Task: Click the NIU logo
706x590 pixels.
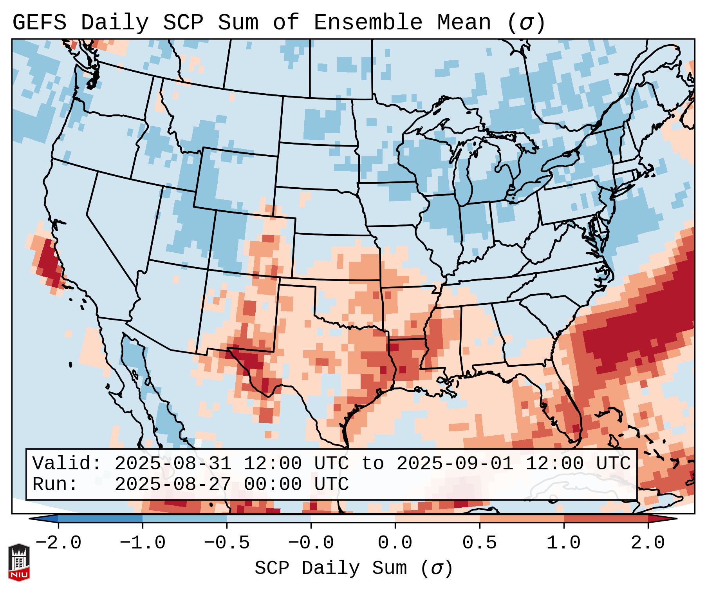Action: (19, 562)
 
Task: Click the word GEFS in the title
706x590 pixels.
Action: (39, 23)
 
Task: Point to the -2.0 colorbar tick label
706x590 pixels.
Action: (58, 543)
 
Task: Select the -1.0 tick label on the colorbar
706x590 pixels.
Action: (143, 543)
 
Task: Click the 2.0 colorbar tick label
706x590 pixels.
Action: (648, 543)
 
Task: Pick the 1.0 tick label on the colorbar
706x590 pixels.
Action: (563, 543)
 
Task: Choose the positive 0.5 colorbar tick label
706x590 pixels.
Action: (479, 543)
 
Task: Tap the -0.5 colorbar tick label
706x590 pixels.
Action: (227, 543)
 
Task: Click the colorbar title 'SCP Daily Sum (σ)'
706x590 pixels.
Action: (354, 568)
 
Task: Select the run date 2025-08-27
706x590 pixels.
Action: (172, 485)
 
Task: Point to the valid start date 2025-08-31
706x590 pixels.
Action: (172, 464)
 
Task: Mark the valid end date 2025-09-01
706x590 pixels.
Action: (455, 464)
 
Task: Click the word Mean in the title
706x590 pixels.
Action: (464, 23)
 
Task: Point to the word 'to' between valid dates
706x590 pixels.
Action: (372, 464)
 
